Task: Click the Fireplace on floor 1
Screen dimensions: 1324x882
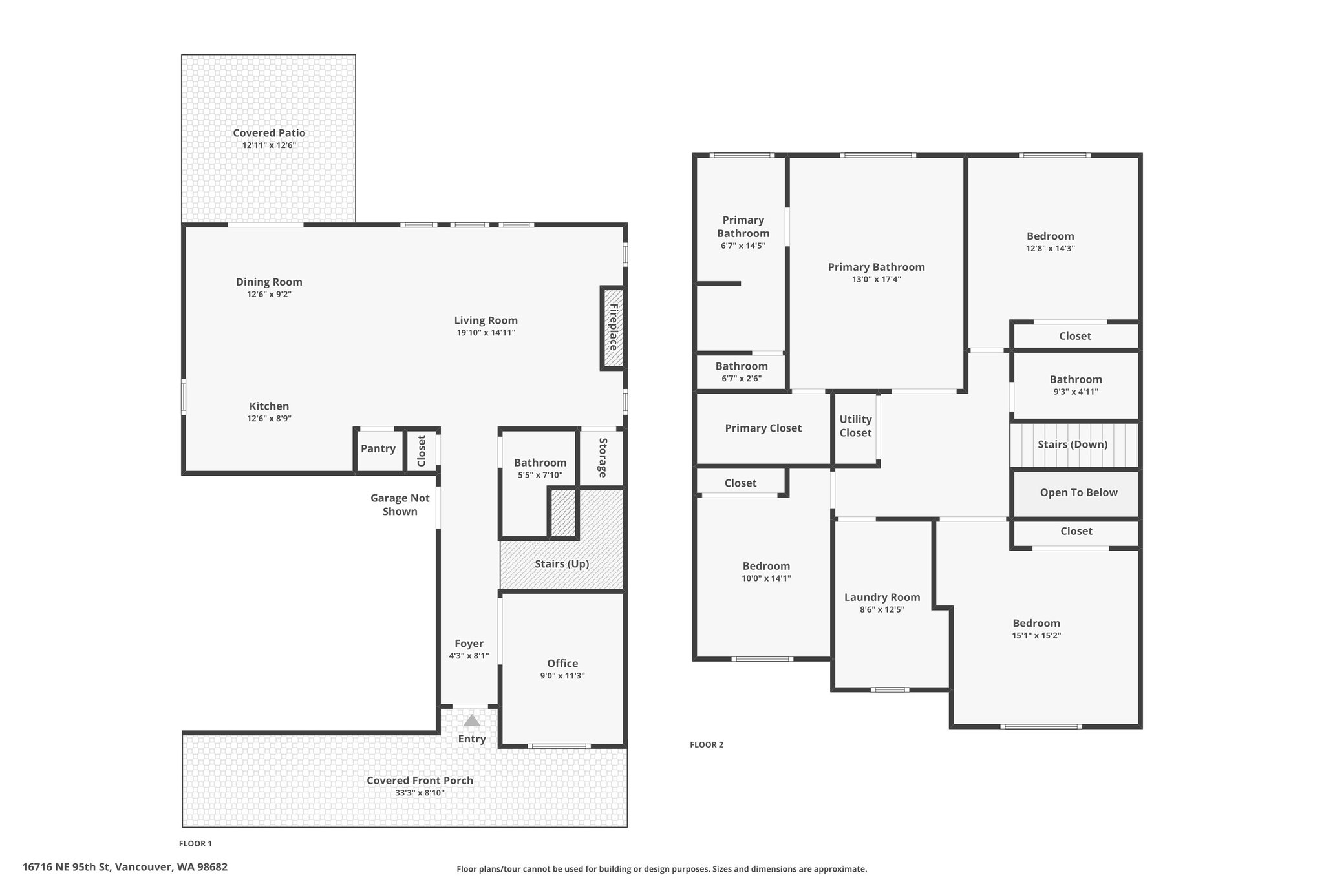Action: point(613,328)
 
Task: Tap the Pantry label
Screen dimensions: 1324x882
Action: point(378,448)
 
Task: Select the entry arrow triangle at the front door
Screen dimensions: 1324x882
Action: point(472,720)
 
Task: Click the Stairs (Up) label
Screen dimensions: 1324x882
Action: point(562,564)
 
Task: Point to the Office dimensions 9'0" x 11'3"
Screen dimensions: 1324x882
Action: point(562,676)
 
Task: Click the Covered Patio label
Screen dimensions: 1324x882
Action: point(269,133)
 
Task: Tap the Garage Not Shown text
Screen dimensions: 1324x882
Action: point(400,505)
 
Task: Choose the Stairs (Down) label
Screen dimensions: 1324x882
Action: point(1073,445)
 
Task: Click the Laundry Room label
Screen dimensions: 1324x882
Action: point(882,598)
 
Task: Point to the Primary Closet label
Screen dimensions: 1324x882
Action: point(763,428)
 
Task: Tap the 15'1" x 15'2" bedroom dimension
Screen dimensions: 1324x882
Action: point(1036,636)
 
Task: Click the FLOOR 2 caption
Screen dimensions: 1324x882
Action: point(707,745)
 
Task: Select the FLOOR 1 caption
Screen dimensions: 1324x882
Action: point(195,843)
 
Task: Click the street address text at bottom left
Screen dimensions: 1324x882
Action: point(125,867)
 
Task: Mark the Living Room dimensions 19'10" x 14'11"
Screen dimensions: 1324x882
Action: point(486,333)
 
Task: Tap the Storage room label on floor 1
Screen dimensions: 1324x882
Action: point(603,458)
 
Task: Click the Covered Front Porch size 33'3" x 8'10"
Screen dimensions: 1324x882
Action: point(420,793)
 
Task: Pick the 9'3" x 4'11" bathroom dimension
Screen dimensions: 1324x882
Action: point(1076,392)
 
